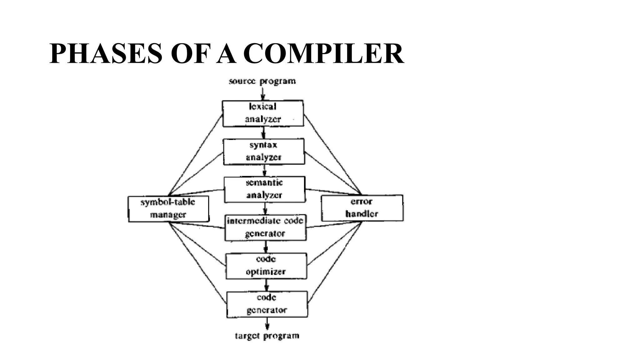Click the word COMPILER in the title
tap(323, 54)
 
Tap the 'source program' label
tap(262, 81)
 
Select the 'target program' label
tap(267, 336)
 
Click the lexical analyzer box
tap(263, 113)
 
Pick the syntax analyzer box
tap(264, 152)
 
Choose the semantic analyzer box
tap(264, 189)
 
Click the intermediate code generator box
tap(265, 227)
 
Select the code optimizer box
tap(266, 266)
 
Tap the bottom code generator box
tap(267, 304)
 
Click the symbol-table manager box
tap(168, 209)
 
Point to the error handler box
tap(362, 208)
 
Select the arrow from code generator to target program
tap(267, 324)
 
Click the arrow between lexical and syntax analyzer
tap(263, 132)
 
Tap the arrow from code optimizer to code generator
tap(266, 285)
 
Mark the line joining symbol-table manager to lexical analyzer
tap(195, 155)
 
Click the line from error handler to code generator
tap(335, 262)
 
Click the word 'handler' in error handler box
tap(362, 214)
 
